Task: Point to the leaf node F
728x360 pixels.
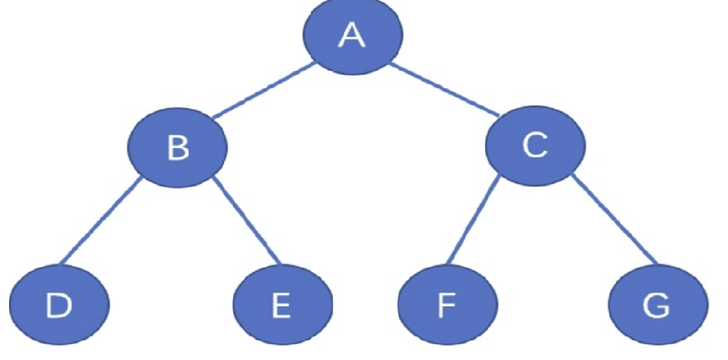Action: [x=447, y=305]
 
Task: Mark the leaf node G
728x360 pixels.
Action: [x=656, y=305]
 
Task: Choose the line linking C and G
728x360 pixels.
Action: [x=615, y=220]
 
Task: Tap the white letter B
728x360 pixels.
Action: [x=178, y=148]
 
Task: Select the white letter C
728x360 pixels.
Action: [x=534, y=146]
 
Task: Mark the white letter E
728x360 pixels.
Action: [x=280, y=306]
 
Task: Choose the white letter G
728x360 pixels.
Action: [x=655, y=306]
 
